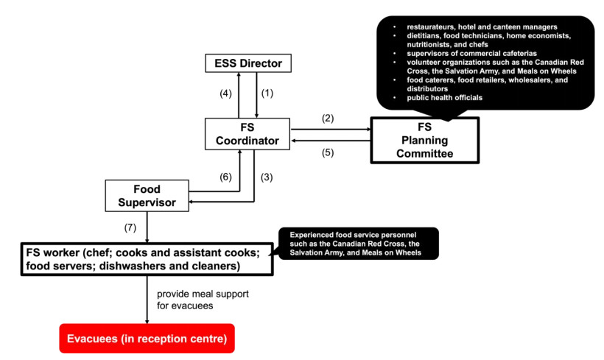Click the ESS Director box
pos(248,63)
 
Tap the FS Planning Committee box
pos(424,140)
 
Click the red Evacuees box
pos(147,339)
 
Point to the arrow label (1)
pos(267,93)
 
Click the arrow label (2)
pos(328,119)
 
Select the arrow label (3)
pos(267,177)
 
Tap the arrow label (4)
pos(226,93)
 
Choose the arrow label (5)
pos(328,153)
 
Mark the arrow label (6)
pos(226,177)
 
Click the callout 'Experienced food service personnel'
pos(357,243)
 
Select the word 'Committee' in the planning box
pos(424,154)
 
